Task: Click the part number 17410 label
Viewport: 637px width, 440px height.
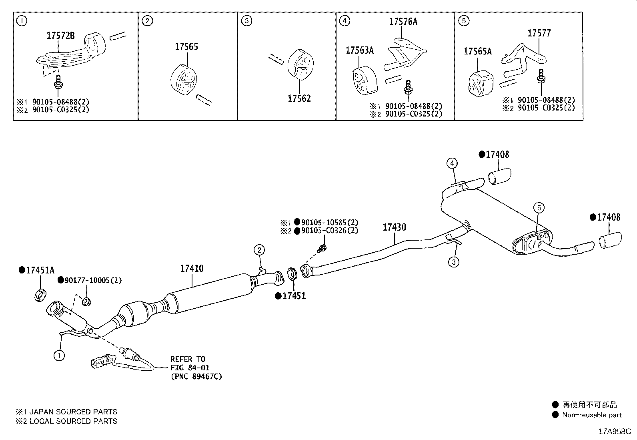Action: pos(191,268)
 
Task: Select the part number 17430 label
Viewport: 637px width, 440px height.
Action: pos(394,227)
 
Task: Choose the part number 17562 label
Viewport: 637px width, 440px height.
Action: pos(299,98)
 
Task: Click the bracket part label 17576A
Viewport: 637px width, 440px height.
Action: pos(403,22)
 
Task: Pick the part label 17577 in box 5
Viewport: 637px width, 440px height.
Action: pos(539,33)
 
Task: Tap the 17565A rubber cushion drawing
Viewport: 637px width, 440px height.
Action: pos(479,85)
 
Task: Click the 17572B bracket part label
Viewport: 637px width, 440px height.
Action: pos(60,36)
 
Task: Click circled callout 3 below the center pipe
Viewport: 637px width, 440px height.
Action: pos(453,262)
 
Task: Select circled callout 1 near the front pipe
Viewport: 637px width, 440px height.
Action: pos(59,355)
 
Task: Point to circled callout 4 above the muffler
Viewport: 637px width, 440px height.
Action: pos(452,163)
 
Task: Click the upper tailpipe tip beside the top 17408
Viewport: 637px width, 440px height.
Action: pos(500,177)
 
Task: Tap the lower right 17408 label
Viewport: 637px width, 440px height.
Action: pos(608,217)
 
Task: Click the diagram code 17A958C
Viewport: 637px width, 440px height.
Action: pos(614,432)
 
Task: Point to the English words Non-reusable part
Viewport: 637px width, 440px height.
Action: pos(592,415)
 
